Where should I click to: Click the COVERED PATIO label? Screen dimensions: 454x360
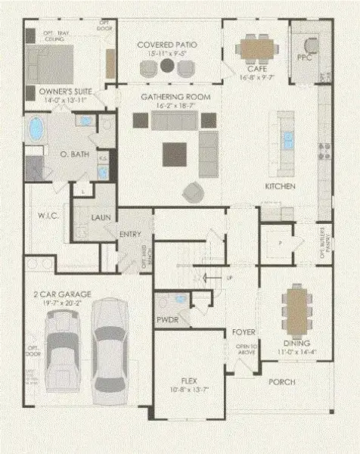tap(167, 45)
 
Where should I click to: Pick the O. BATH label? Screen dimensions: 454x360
tap(74, 154)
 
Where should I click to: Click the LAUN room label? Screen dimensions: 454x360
tap(101, 218)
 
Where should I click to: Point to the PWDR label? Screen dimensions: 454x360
tap(166, 320)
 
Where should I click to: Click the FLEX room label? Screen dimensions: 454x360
tap(189, 381)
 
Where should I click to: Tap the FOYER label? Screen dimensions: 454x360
tap(244, 332)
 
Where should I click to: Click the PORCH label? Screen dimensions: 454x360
tap(282, 382)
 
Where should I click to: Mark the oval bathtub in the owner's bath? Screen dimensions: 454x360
tap(36, 129)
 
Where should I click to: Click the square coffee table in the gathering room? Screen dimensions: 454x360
tap(175, 154)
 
